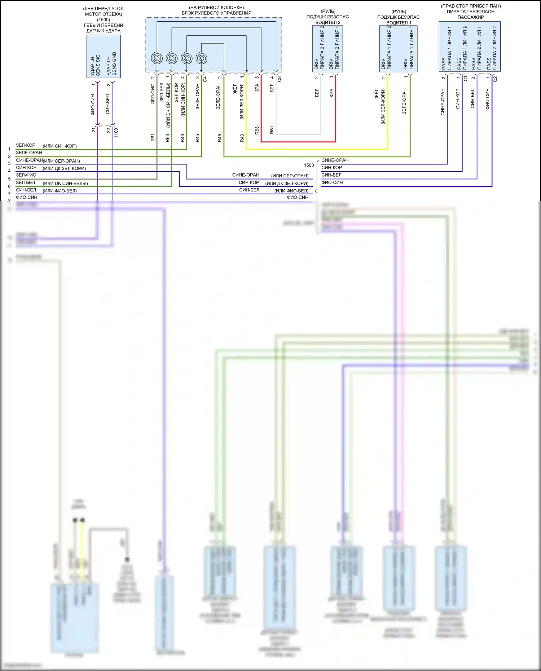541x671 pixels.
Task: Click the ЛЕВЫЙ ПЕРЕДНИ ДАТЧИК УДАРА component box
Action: tap(103, 56)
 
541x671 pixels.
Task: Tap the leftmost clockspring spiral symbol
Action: tap(157, 58)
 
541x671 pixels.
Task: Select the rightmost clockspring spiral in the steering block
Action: tap(202, 58)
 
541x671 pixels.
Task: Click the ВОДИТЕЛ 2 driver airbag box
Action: tap(327, 49)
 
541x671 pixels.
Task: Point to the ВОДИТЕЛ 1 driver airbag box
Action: tap(398, 49)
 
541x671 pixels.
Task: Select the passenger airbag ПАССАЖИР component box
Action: tap(469, 47)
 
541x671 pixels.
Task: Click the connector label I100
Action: tap(116, 132)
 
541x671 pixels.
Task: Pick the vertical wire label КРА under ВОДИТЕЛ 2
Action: tap(331, 93)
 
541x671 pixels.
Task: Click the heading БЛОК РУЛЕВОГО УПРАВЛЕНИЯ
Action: tap(216, 13)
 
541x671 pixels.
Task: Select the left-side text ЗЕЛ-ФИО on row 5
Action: tap(26, 175)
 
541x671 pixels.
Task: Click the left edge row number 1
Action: tap(9, 149)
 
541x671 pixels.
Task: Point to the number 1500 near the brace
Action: tap(309, 165)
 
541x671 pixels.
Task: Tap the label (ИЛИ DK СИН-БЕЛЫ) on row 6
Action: tap(65, 184)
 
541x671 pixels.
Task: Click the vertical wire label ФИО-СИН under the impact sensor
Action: tap(93, 105)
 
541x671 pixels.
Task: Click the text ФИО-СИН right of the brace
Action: tap(332, 183)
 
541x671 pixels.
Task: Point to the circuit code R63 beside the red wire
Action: tap(257, 130)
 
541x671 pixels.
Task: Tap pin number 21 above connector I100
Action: tap(94, 130)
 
